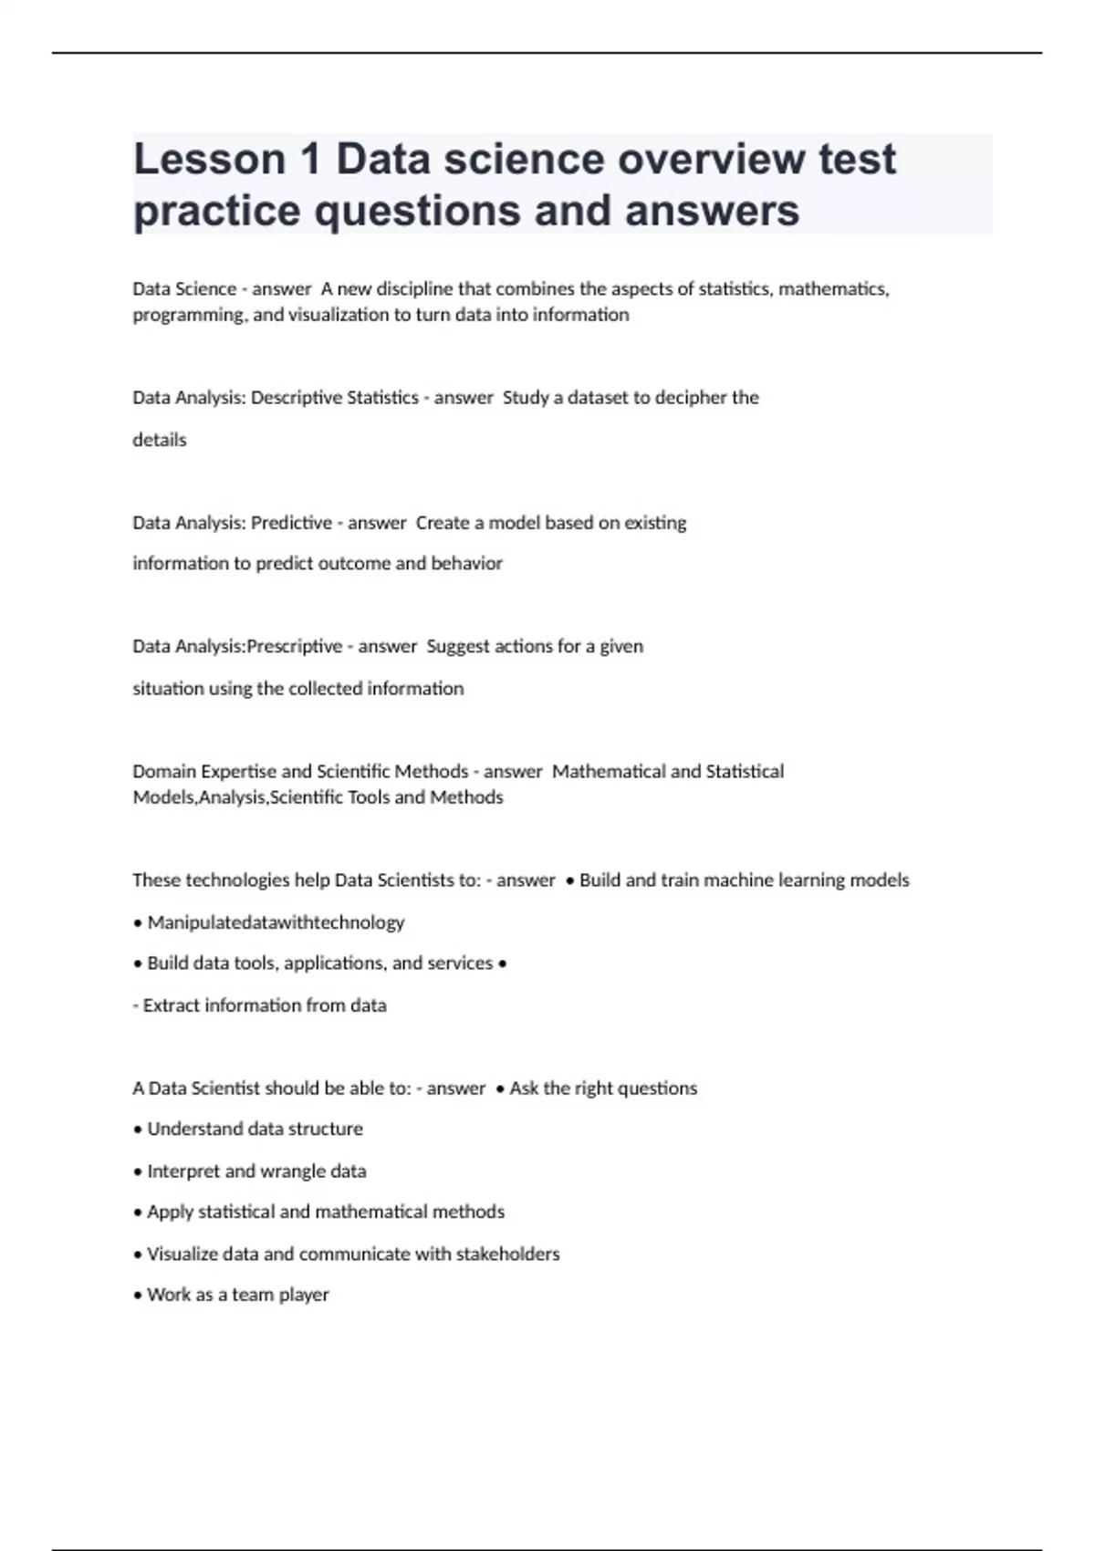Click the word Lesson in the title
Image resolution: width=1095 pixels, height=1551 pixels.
click(209, 160)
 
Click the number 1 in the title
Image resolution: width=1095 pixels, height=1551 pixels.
click(310, 160)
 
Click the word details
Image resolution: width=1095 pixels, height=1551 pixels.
click(160, 440)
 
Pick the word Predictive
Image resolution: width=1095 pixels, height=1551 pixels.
click(291, 523)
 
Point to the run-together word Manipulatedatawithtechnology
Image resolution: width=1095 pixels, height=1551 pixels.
click(276, 922)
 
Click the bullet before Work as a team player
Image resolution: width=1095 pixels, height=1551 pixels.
click(138, 1296)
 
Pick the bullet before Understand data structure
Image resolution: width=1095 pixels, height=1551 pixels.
click(138, 1129)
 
